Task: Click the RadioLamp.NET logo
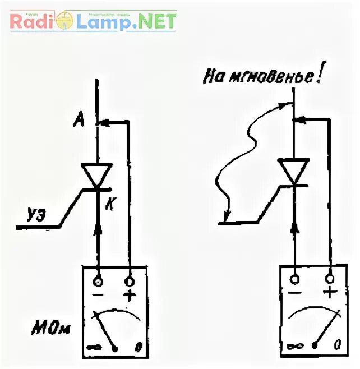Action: pos(93,21)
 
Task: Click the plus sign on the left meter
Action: pos(130,296)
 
